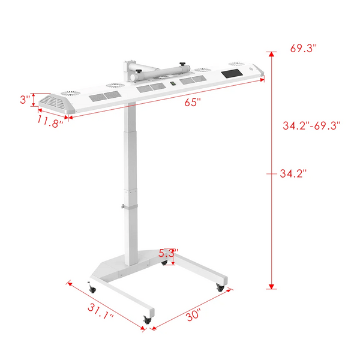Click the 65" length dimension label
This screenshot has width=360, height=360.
tap(193, 102)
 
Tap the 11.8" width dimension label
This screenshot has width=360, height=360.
tap(50, 121)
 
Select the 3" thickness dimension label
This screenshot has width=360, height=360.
tap(25, 100)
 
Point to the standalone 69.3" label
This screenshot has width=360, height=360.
tap(303, 49)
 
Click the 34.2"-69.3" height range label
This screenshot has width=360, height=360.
tap(311, 126)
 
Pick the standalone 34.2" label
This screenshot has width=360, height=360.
tap(293, 173)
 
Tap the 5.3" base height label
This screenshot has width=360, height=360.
tap(168, 253)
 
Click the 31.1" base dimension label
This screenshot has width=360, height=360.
tap(100, 311)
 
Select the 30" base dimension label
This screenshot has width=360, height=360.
tap(193, 315)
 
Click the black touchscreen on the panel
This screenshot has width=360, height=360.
tap(232, 74)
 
